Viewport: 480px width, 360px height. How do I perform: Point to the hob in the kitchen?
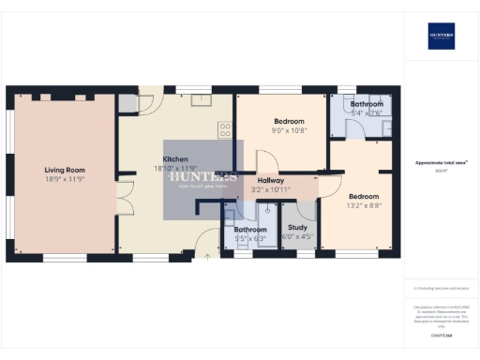click(x=225, y=130)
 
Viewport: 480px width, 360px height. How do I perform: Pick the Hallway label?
click(x=270, y=180)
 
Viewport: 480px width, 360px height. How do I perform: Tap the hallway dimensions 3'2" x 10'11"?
click(x=272, y=189)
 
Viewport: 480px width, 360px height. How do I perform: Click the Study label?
click(x=297, y=227)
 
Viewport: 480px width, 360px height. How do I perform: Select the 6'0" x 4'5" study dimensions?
click(x=297, y=236)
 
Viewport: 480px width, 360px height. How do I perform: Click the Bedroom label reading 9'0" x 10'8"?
click(x=289, y=122)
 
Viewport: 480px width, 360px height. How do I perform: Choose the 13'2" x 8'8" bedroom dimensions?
click(x=364, y=205)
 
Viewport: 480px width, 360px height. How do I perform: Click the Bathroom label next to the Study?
click(x=250, y=229)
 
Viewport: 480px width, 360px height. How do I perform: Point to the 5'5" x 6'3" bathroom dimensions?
click(x=250, y=238)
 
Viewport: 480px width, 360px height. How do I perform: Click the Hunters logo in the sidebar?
click(x=442, y=36)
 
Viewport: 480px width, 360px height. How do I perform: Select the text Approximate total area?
click(x=441, y=162)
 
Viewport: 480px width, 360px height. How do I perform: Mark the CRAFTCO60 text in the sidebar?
click(x=442, y=335)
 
